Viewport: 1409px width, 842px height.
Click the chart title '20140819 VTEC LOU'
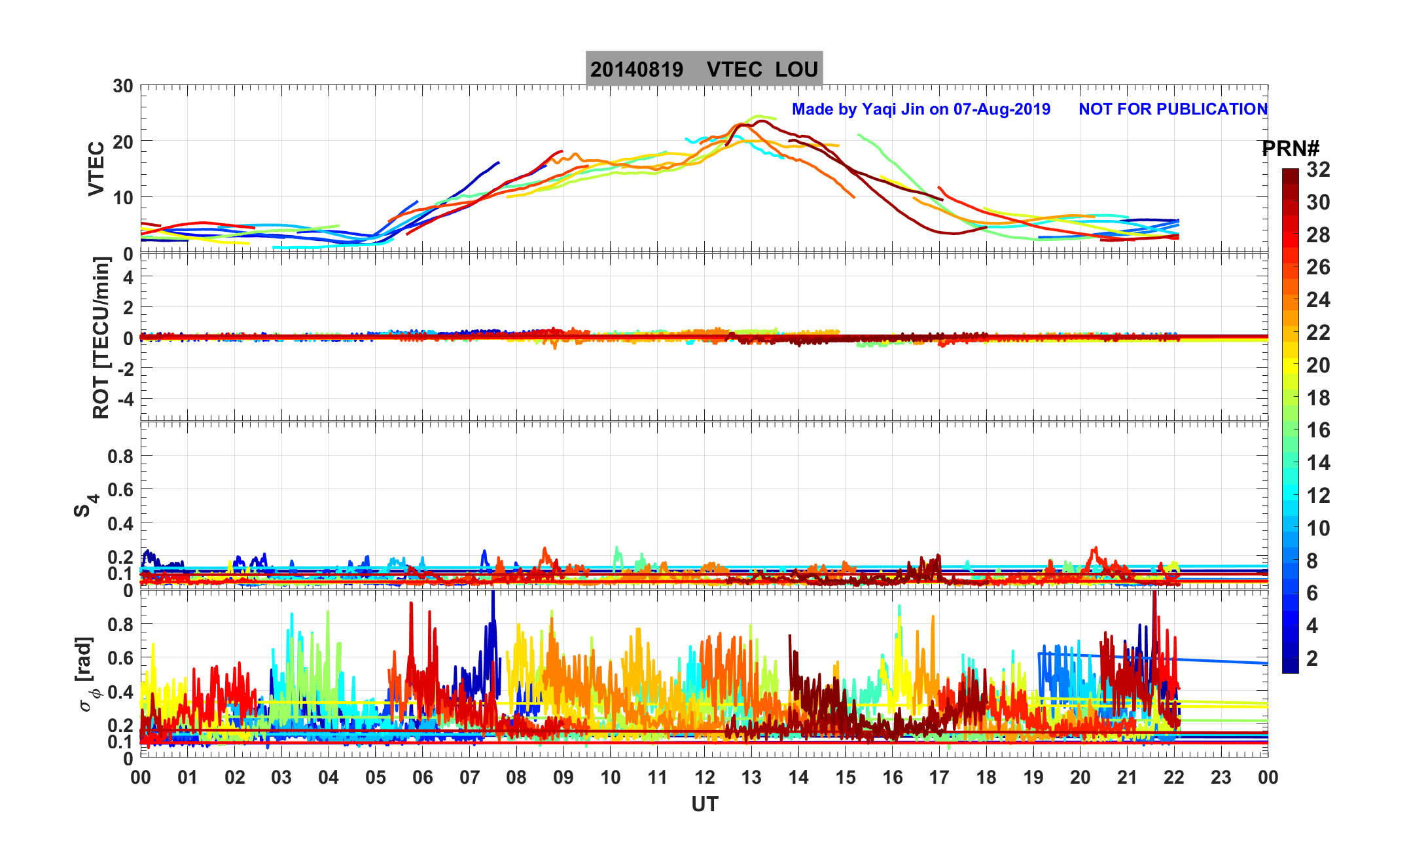point(704,69)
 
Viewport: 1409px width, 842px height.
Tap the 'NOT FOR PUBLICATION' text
point(1173,109)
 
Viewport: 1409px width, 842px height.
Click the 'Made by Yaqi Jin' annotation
point(921,109)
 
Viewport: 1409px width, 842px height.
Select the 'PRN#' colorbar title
point(1290,149)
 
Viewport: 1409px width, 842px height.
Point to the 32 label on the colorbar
point(1318,170)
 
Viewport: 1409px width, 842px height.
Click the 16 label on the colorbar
point(1318,430)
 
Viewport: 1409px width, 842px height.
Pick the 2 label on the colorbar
point(1311,659)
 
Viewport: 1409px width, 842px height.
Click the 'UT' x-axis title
point(704,804)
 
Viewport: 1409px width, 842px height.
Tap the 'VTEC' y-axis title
point(96,169)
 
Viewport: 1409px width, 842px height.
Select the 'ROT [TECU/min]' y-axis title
point(101,338)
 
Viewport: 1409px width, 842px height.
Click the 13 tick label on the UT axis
point(751,778)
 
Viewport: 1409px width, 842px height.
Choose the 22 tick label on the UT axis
point(1174,778)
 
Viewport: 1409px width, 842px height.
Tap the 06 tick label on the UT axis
point(422,778)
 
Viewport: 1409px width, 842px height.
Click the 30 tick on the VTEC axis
point(122,86)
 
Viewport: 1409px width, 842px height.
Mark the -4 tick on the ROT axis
point(124,399)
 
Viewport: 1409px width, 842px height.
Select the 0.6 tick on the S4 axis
point(120,490)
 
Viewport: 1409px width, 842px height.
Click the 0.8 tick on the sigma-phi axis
point(120,625)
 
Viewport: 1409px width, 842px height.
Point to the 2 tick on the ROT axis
point(128,307)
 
